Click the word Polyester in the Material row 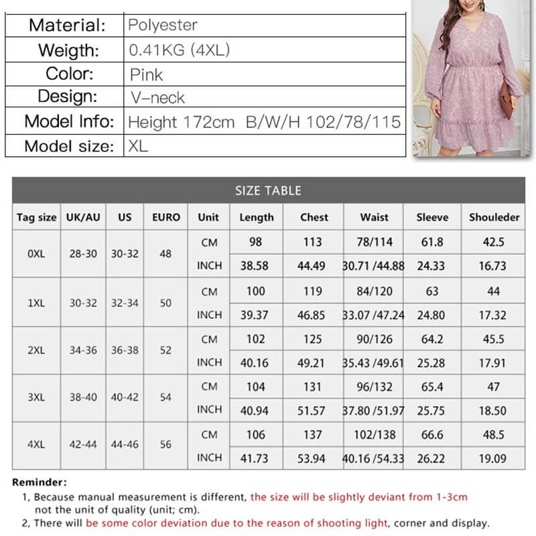click(x=163, y=25)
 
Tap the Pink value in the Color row click(x=147, y=74)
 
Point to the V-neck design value click(x=157, y=98)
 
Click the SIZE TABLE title click(x=268, y=190)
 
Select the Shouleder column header click(x=494, y=217)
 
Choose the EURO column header click(x=166, y=217)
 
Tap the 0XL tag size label click(x=36, y=254)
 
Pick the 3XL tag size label click(x=36, y=397)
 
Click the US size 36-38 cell click(x=125, y=350)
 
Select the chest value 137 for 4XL click(x=312, y=435)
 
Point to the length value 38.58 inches click(x=255, y=266)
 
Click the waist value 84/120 click(x=374, y=291)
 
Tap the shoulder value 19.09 click(x=494, y=458)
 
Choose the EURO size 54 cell click(x=166, y=397)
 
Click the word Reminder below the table click(x=40, y=482)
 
